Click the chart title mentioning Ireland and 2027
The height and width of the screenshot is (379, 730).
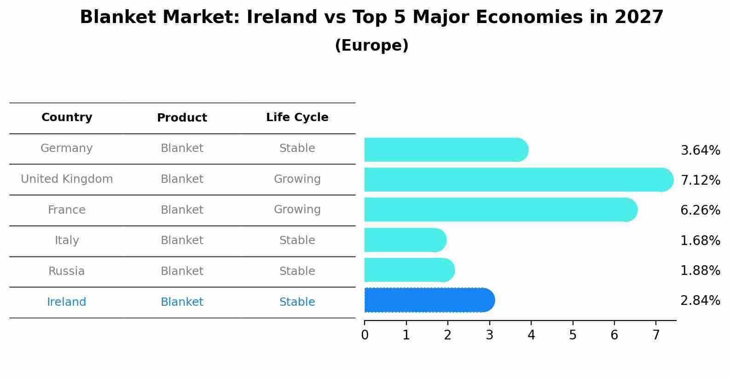[x=371, y=17]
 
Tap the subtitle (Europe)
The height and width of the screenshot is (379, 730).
[x=371, y=46]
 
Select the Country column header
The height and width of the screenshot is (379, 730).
[x=67, y=117]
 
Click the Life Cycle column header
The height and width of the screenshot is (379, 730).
[x=297, y=117]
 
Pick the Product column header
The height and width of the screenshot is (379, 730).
[x=182, y=118]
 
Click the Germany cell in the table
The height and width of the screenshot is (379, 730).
[x=67, y=148]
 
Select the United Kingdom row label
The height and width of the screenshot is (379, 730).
[x=67, y=179]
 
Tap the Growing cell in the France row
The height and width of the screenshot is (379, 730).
[x=297, y=210]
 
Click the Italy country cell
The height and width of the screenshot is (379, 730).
[x=67, y=240]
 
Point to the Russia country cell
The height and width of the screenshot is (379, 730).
[x=67, y=271]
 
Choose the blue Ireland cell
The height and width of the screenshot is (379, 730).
[x=67, y=302]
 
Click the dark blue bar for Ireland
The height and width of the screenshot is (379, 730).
[x=428, y=300]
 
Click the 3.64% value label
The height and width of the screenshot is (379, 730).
[x=700, y=151]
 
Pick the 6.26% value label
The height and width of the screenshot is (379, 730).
[x=700, y=210]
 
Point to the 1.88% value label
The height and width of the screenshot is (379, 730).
[x=700, y=271]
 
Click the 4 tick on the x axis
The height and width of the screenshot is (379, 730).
[x=531, y=335]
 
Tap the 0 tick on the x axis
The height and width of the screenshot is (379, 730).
[x=365, y=335]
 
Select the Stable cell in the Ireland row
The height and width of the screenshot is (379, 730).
[x=297, y=302]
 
